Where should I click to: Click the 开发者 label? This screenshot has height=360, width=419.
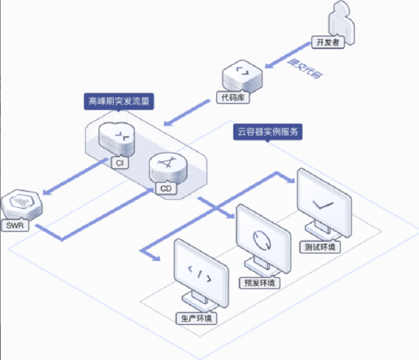click(328, 42)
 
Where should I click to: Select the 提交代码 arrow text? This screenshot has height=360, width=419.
click(305, 69)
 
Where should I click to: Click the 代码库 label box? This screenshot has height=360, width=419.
click(233, 98)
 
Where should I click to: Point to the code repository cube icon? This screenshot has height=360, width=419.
click(243, 76)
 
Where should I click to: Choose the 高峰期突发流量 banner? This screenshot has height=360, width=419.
click(119, 101)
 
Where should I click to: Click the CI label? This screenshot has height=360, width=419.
click(120, 163)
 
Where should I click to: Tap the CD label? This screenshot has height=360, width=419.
click(166, 189)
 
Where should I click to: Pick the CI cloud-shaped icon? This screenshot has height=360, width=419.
click(117, 139)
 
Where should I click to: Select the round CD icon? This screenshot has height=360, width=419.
click(168, 168)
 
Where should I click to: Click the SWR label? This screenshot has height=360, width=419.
click(15, 226)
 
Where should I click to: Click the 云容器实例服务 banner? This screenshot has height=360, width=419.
click(268, 131)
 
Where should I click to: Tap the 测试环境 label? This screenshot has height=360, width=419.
click(320, 247)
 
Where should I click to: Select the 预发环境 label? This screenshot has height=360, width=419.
click(259, 283)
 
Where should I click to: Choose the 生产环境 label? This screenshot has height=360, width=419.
click(196, 318)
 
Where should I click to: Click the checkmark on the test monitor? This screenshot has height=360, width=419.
click(323, 205)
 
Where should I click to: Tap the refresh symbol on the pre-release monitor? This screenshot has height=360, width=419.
click(262, 240)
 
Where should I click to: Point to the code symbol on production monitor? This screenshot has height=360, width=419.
click(200, 274)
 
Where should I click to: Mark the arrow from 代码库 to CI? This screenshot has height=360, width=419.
click(187, 112)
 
